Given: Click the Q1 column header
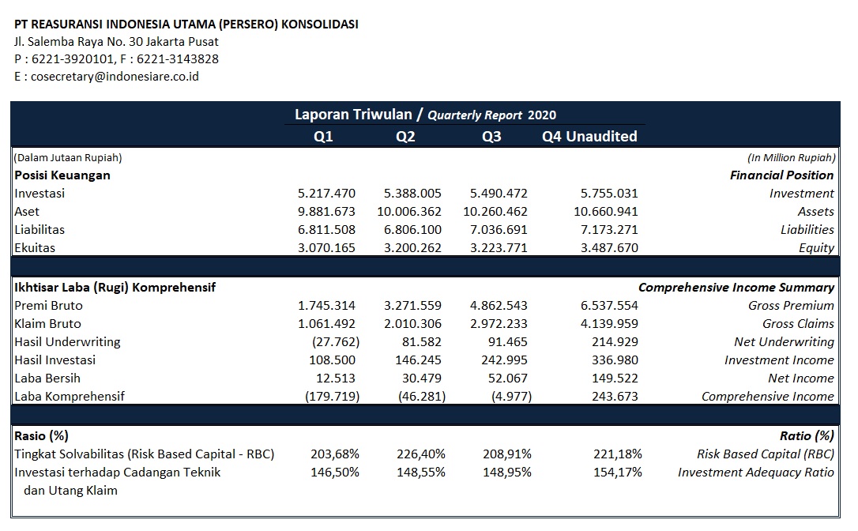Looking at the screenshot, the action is (323, 137).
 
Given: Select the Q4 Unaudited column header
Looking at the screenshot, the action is (589, 137).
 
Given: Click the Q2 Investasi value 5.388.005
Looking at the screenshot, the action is (412, 194).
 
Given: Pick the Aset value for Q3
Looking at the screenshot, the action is (495, 211).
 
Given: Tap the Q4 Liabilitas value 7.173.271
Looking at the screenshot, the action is (609, 229).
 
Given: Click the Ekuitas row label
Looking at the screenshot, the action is (35, 247).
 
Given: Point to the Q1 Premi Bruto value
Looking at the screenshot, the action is (326, 306).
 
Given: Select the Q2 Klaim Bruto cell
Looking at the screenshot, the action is (412, 323).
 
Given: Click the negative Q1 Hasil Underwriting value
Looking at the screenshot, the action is (336, 342).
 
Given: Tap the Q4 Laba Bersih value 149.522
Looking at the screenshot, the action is (615, 378).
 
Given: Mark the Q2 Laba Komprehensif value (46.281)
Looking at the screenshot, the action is (422, 397).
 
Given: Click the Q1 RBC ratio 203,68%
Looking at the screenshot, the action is (335, 454).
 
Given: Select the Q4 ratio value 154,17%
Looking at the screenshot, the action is (618, 472).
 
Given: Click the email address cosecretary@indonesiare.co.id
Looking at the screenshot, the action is (115, 77).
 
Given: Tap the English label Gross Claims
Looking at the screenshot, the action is (799, 323).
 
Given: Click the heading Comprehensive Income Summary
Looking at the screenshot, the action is (736, 288).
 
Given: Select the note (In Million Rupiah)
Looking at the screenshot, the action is (792, 158).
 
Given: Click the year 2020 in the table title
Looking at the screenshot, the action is (542, 115).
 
